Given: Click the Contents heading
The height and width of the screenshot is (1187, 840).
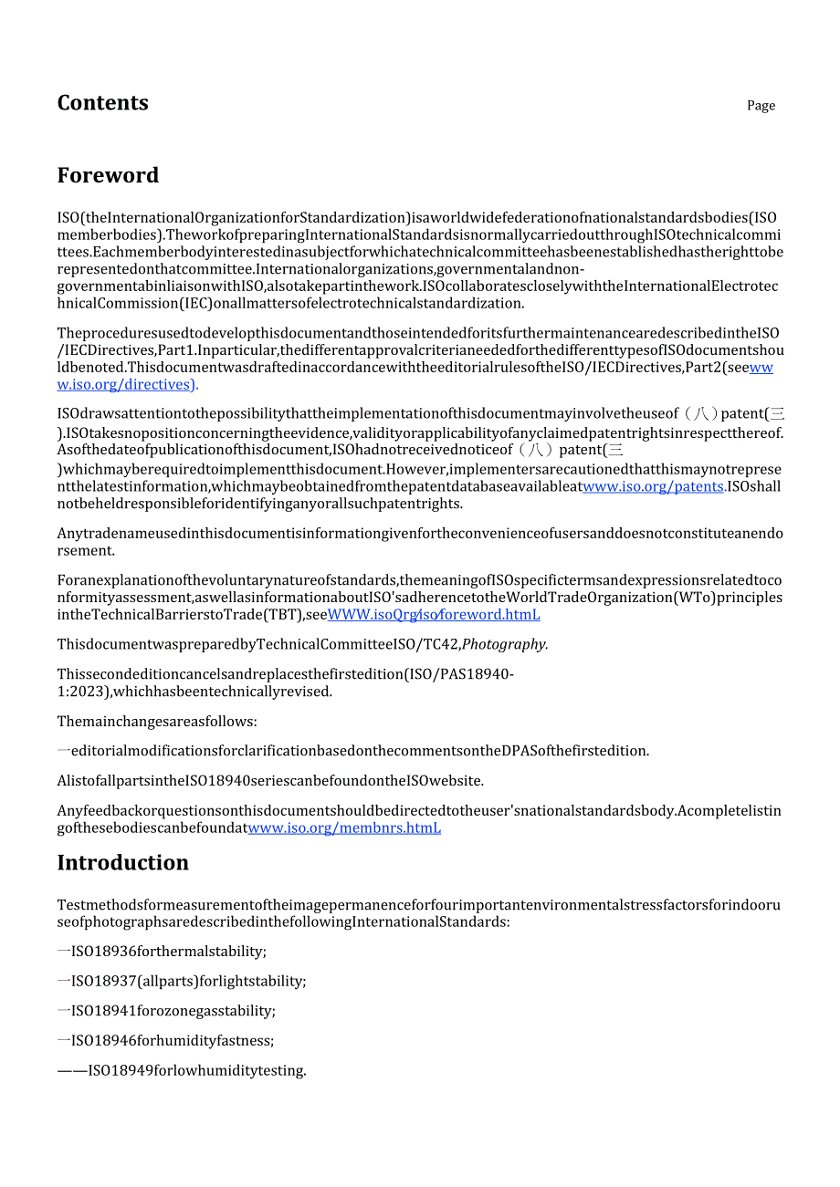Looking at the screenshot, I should tap(102, 103).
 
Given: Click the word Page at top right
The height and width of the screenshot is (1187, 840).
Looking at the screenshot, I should tap(761, 106).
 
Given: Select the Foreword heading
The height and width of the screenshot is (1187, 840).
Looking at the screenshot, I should tap(108, 175).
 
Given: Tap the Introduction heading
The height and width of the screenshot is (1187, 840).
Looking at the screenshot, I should tap(122, 863).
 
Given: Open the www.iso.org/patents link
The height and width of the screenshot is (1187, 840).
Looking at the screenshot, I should tap(654, 487).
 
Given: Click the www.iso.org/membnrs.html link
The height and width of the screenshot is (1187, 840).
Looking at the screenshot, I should tap(344, 828).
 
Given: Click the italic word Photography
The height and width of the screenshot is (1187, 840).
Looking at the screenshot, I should tap(505, 645).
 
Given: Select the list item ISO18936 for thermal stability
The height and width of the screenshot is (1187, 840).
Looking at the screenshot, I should tap(168, 952).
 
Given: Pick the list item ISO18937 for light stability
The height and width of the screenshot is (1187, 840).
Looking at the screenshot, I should tap(188, 982).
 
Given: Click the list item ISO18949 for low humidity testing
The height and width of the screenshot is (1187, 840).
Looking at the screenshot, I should tap(196, 1070).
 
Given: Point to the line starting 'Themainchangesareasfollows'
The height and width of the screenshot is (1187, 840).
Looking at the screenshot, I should tap(157, 722).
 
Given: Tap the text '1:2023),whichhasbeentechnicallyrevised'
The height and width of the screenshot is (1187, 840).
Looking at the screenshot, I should tap(194, 692).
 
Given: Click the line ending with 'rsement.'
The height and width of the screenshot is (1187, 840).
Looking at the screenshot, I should tap(88, 550).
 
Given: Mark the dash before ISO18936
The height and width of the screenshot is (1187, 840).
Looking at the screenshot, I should tap(63, 952).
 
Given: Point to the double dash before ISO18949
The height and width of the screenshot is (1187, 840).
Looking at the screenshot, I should tap(71, 1070).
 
